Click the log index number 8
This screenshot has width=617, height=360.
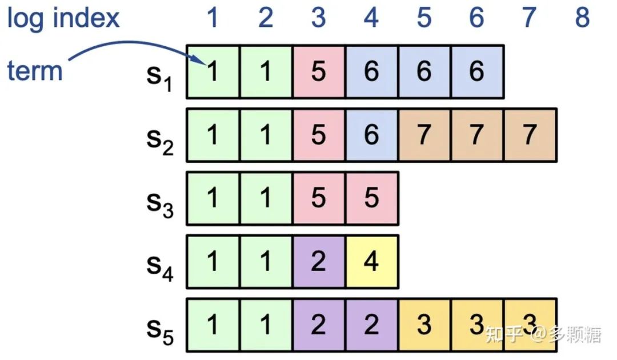coord(582,18)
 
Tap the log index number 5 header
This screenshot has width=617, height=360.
coord(424,18)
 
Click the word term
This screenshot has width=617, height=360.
coord(34,71)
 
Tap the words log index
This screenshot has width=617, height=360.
coord(63,18)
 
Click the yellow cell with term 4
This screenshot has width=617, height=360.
coord(371,262)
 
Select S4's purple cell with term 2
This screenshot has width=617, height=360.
coord(319,262)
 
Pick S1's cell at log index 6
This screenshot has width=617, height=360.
coord(476,72)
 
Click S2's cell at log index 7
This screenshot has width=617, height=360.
coord(530,135)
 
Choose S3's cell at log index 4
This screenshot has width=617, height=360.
coord(371,198)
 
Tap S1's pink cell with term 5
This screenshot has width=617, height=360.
coord(319,72)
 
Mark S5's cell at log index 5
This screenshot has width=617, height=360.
coord(424,325)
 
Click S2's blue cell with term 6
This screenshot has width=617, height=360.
coord(371,135)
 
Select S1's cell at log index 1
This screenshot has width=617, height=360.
coord(213,72)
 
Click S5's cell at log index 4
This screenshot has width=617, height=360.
coord(371,325)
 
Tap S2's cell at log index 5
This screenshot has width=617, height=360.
coord(424,135)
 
